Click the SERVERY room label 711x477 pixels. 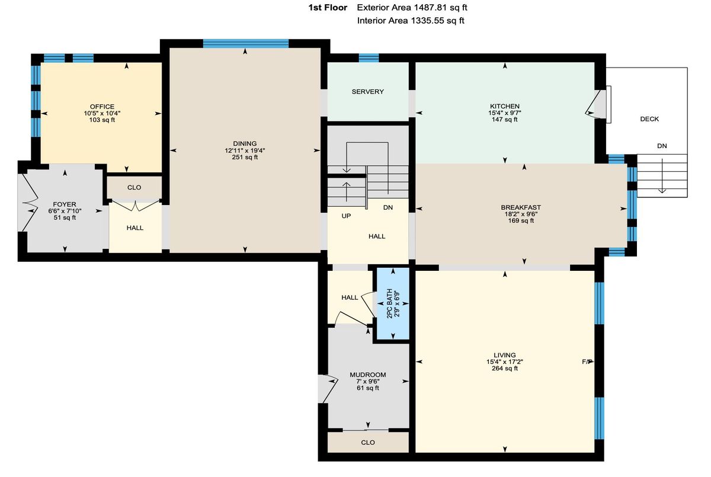tap(367, 92)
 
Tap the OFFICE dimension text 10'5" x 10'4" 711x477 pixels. tap(102, 113)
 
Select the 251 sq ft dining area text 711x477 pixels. tap(245, 157)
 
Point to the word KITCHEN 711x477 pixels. tap(505, 106)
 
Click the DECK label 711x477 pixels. tap(649, 119)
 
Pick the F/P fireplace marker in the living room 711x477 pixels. tap(587, 361)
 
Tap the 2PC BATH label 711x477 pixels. tap(389, 304)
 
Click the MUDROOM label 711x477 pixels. tap(368, 375)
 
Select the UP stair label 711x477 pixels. tap(346, 216)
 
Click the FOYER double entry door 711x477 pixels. tap(29, 203)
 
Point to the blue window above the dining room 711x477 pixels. tap(246, 43)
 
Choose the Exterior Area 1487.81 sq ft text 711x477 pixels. tap(412, 8)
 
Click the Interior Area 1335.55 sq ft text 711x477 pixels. tap(411, 21)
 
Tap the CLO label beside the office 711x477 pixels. tap(134, 188)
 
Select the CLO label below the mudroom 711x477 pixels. tap(368, 443)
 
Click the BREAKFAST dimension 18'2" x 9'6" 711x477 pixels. tap(521, 214)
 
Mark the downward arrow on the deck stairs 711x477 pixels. tap(662, 175)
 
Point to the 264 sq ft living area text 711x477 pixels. tap(505, 368)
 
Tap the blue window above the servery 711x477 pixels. tap(369, 58)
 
